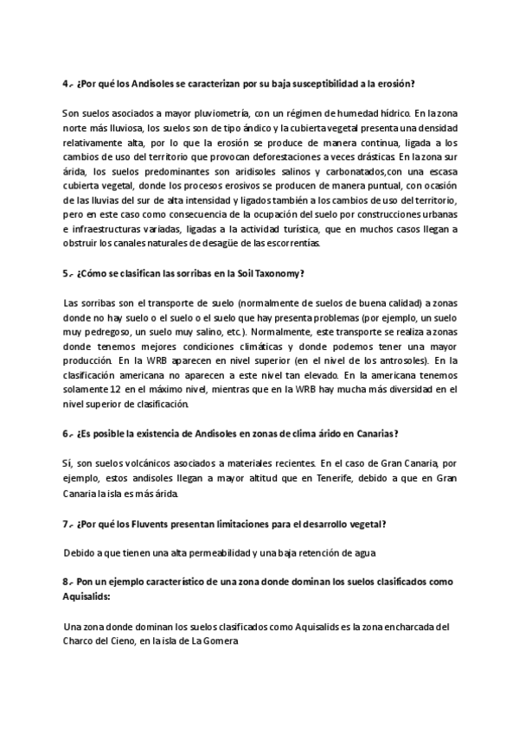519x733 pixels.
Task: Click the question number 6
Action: [66, 433]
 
